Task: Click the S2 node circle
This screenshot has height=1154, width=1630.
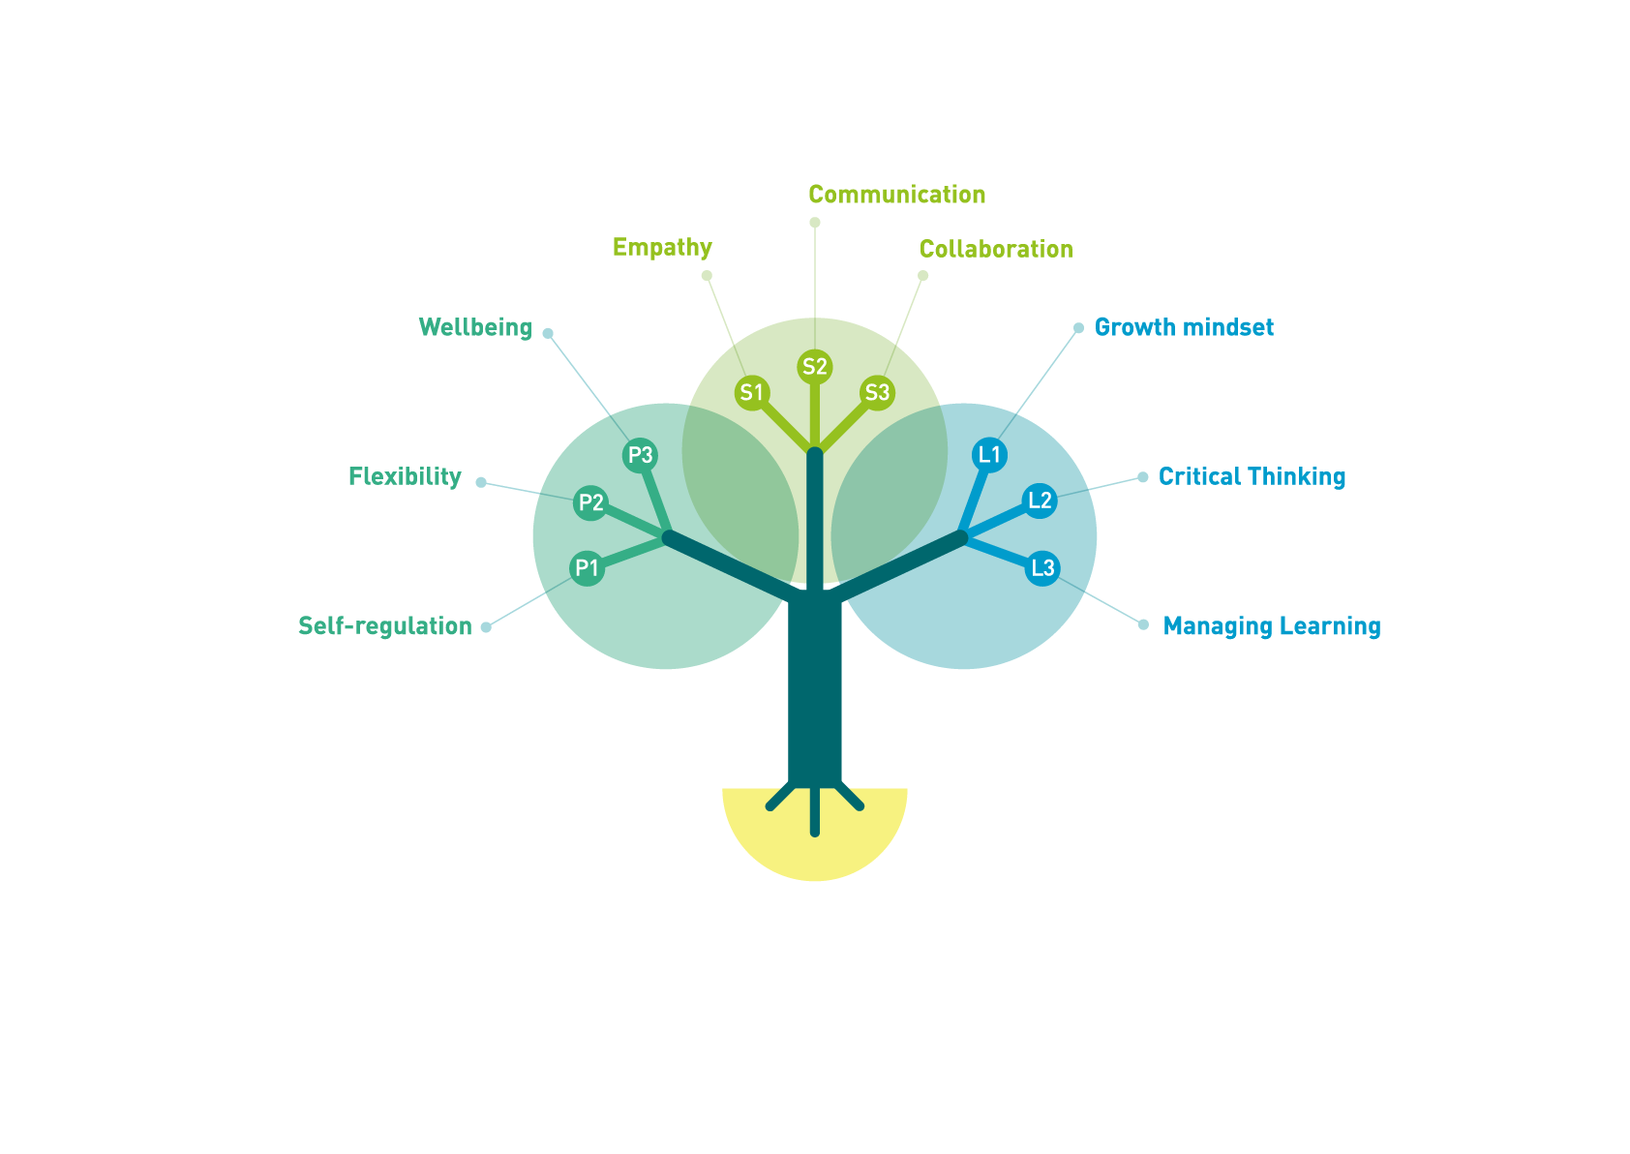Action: (x=814, y=367)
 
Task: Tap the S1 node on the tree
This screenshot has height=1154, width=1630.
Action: (x=752, y=393)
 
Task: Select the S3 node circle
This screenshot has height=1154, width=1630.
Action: (x=877, y=393)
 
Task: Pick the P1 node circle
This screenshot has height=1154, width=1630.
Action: (x=587, y=568)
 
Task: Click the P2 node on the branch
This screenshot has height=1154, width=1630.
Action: (x=590, y=502)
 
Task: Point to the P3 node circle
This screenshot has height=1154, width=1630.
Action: (x=641, y=455)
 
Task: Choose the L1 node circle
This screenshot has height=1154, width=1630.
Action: (x=989, y=455)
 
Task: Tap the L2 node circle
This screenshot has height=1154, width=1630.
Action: (x=1040, y=501)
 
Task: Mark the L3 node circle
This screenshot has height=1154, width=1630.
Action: (x=1042, y=568)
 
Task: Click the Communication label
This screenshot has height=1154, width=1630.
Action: (x=897, y=195)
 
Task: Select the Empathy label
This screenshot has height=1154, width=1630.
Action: (x=662, y=248)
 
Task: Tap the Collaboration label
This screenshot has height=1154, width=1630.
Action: (x=996, y=249)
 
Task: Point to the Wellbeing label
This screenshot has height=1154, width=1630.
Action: (x=475, y=328)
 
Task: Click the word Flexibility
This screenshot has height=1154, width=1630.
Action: (x=406, y=477)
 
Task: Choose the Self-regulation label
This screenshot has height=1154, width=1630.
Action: (x=385, y=626)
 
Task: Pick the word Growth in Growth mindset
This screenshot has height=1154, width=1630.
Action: (x=1135, y=327)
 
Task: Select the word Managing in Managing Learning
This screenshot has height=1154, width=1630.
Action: (x=1218, y=626)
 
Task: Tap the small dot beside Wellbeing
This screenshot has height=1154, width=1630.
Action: (x=548, y=333)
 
